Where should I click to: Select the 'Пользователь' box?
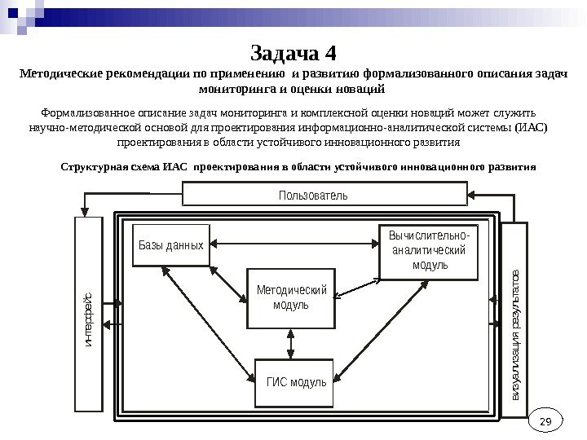tap(324, 195)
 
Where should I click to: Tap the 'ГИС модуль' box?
tap(296, 381)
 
